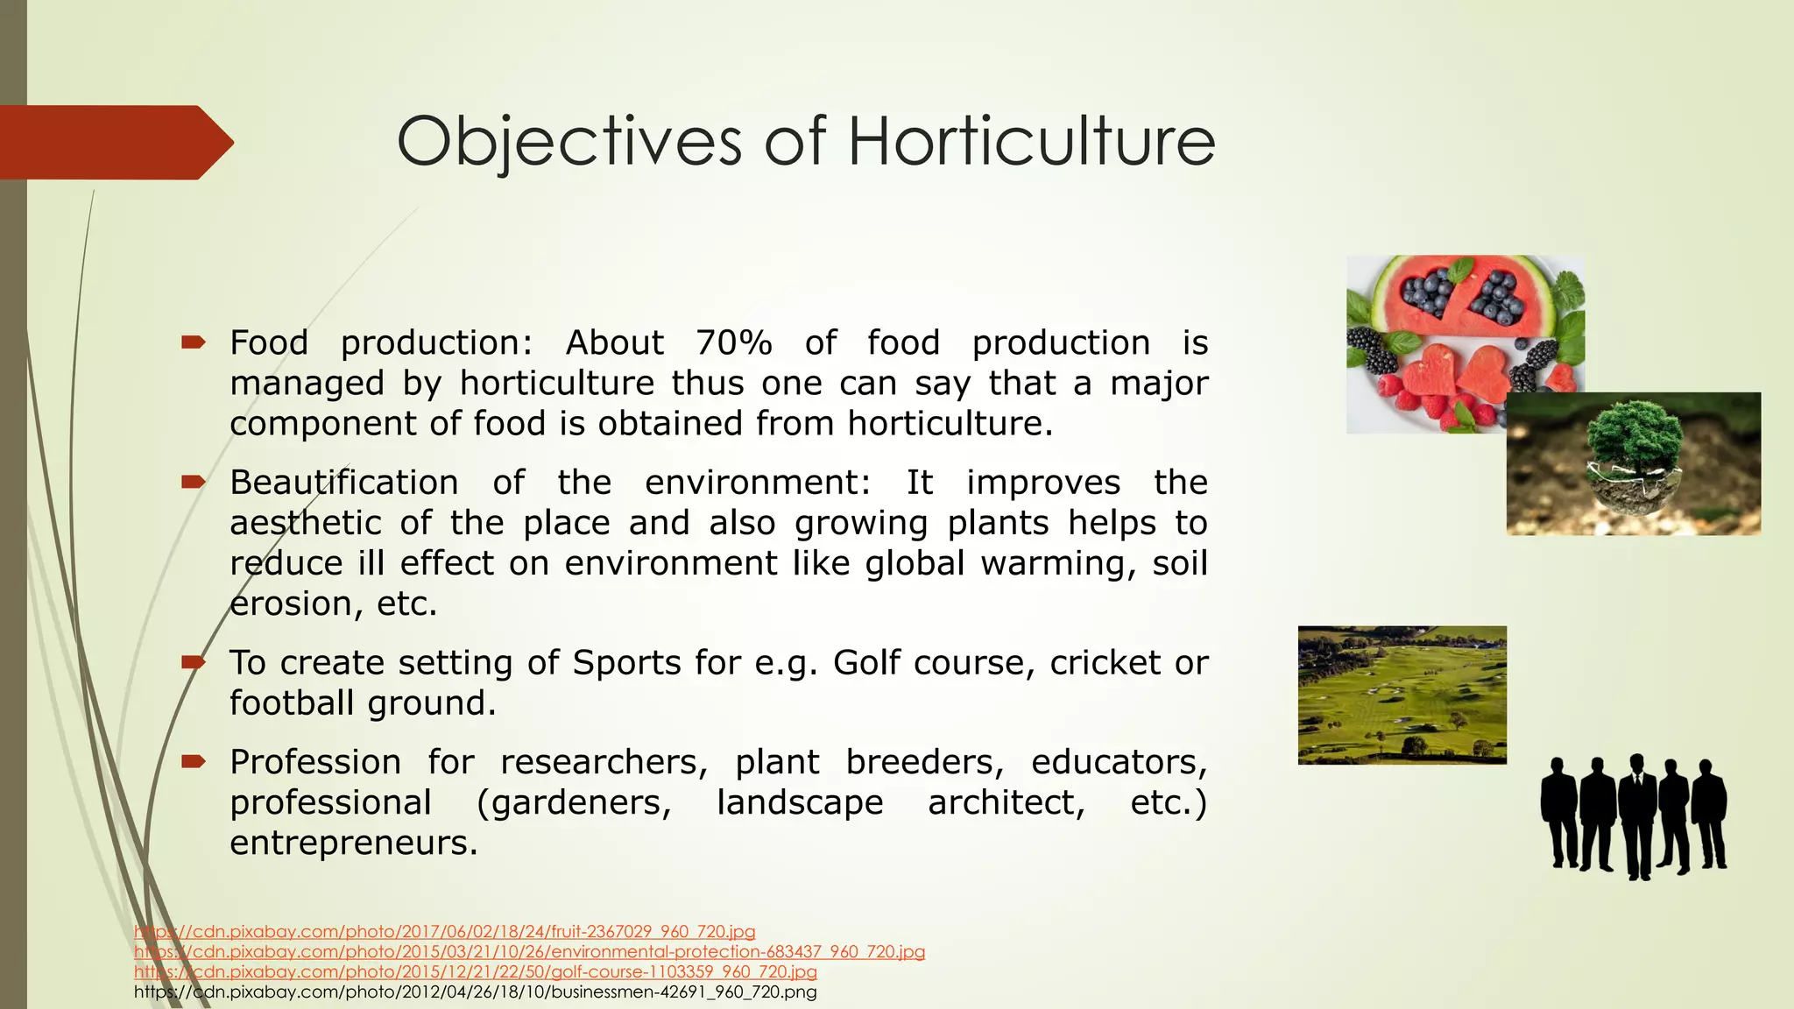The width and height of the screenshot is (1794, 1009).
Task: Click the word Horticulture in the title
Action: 1031,141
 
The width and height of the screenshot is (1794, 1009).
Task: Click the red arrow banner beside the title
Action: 114,142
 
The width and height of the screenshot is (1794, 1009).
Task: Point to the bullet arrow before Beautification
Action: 193,482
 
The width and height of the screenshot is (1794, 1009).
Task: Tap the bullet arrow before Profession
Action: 193,761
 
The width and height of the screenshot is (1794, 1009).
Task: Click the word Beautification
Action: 343,483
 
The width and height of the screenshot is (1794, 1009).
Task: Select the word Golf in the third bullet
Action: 867,663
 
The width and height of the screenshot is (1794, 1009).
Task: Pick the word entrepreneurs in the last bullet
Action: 354,843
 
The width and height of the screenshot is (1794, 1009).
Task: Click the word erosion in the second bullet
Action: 294,603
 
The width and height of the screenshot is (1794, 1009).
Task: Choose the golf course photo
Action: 1402,695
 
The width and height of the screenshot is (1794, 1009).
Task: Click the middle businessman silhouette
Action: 1636,815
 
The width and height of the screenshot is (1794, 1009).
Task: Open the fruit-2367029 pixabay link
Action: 444,932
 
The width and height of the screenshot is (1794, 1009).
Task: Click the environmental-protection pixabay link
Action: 529,952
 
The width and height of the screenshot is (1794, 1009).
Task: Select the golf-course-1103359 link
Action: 475,972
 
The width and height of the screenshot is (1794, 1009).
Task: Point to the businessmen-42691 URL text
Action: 475,992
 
